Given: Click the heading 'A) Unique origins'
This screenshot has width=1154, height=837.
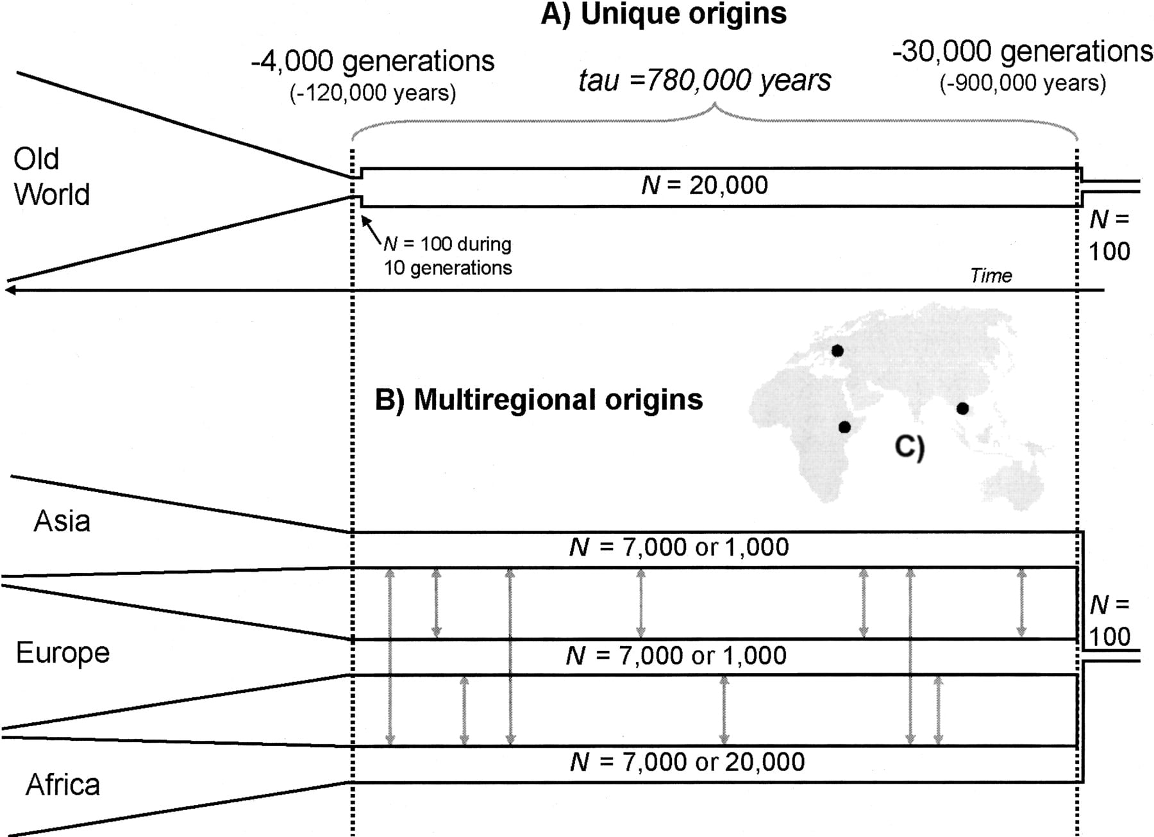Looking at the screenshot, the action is click(x=664, y=14).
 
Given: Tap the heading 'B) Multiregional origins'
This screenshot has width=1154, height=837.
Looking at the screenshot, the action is click(x=539, y=400).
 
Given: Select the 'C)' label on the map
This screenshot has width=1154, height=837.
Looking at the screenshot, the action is click(x=910, y=447).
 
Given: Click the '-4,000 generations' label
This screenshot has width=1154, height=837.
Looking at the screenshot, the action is click(x=372, y=62).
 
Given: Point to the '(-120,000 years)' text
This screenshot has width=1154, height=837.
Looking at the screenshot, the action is click(x=372, y=94).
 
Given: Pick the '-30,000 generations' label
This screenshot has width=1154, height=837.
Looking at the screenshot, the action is click(x=1022, y=51).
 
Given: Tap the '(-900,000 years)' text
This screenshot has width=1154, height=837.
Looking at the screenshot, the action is click(x=1023, y=83).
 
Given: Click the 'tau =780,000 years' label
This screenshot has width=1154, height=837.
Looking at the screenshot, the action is click(x=705, y=81).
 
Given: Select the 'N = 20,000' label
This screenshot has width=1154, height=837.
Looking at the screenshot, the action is click(x=704, y=185).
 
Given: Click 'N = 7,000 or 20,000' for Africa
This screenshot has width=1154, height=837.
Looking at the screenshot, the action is click(x=687, y=762).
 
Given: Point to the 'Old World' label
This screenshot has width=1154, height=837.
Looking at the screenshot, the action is click(x=51, y=177).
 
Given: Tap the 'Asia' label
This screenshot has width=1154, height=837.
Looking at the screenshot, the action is click(x=62, y=521).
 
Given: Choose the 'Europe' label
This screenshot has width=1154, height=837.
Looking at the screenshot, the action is click(x=63, y=653).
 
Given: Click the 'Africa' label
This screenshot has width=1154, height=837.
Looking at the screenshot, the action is click(x=63, y=784).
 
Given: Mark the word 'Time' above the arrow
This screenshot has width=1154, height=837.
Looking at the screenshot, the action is click(x=991, y=276).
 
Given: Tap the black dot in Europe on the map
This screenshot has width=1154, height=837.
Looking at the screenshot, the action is click(x=837, y=351).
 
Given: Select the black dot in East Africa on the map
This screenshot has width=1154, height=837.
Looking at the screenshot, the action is click(x=844, y=427).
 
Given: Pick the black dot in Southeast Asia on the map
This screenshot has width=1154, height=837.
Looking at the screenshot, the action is click(x=962, y=408).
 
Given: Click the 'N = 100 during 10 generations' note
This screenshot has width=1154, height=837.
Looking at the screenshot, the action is click(x=447, y=256).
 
